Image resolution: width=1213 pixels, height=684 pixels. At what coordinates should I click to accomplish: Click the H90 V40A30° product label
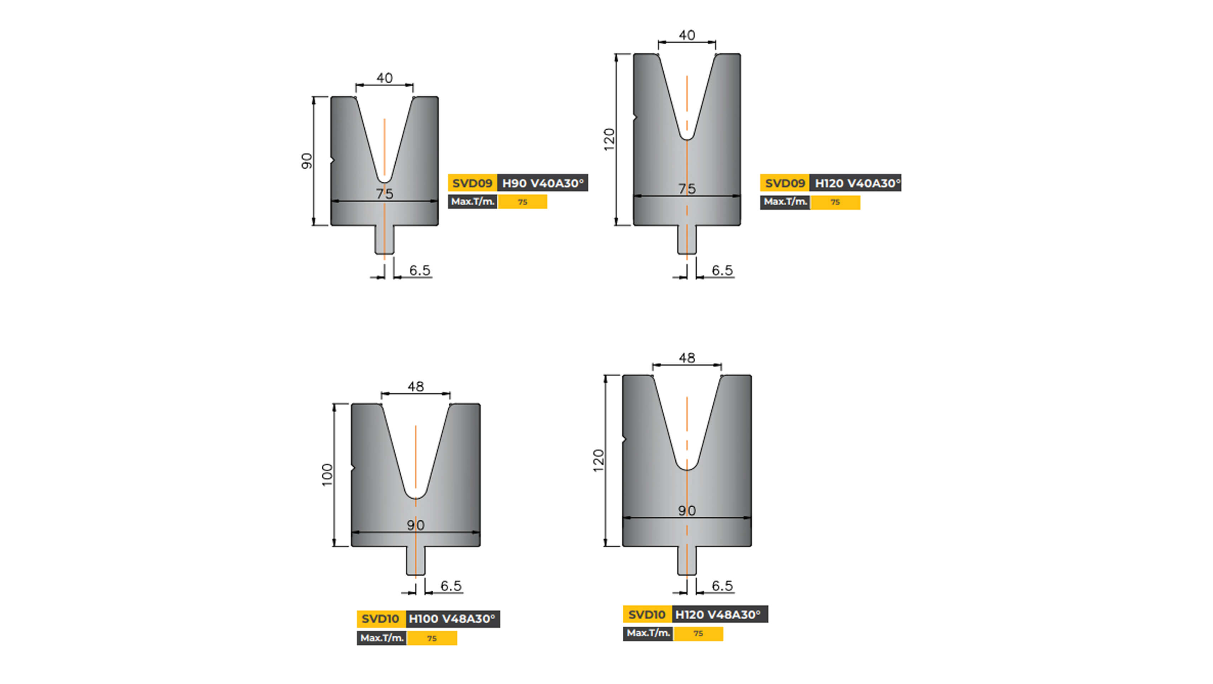pyautogui.click(x=542, y=183)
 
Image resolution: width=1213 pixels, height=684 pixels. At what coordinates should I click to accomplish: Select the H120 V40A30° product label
pyautogui.click(x=855, y=183)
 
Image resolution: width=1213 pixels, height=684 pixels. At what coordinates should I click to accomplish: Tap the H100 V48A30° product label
pyautogui.click(x=452, y=618)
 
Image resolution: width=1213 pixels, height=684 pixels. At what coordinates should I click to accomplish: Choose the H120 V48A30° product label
pyautogui.click(x=718, y=614)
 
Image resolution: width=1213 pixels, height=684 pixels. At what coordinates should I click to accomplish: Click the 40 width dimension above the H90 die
pyautogui.click(x=384, y=78)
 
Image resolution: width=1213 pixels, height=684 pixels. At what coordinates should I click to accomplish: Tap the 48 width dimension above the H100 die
pyautogui.click(x=415, y=387)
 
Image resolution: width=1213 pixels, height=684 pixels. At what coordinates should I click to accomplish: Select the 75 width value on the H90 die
pyautogui.click(x=384, y=193)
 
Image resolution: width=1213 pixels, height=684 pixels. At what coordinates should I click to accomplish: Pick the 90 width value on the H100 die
pyautogui.click(x=415, y=525)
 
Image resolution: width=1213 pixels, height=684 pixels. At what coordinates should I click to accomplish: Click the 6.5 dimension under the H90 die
pyautogui.click(x=419, y=270)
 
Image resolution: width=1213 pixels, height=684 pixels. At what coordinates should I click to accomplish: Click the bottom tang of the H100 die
pyautogui.click(x=415, y=561)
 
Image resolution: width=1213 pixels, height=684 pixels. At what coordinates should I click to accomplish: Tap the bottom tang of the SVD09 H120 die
pyautogui.click(x=686, y=240)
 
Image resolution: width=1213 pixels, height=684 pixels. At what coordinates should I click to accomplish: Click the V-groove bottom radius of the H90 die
pyautogui.click(x=384, y=180)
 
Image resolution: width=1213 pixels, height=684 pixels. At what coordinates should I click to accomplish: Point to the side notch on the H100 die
pyautogui.click(x=353, y=468)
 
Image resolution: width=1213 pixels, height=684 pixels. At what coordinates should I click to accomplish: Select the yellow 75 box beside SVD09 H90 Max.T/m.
pyautogui.click(x=523, y=202)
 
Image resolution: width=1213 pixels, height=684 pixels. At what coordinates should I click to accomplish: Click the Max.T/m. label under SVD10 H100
pyautogui.click(x=382, y=638)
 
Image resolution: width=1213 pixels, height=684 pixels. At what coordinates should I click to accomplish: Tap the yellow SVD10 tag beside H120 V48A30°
pyautogui.click(x=647, y=614)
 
